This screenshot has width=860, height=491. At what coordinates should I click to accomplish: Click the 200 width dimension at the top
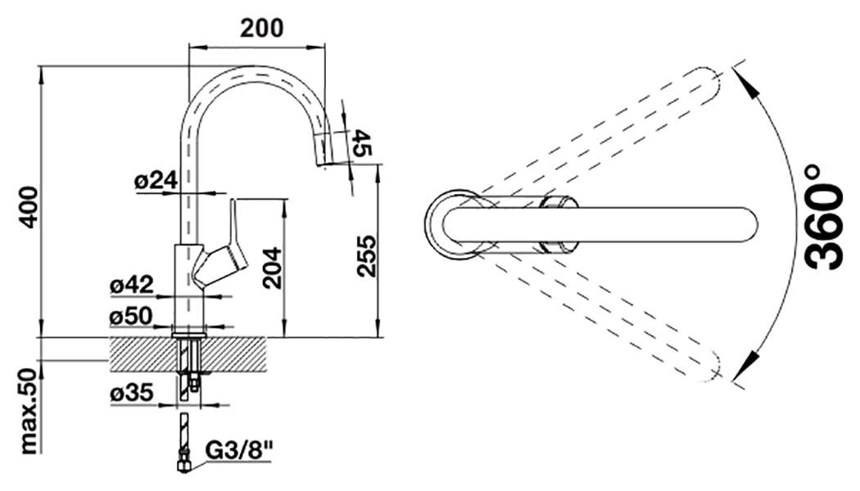(261, 28)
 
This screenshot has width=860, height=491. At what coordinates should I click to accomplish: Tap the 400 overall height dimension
(29, 207)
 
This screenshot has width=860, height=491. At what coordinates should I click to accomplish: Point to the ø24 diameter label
(156, 182)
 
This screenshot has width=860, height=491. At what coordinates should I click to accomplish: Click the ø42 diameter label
(132, 286)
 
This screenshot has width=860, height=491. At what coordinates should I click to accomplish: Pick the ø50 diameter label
(132, 315)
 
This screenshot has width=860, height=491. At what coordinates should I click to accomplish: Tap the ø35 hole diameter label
(132, 393)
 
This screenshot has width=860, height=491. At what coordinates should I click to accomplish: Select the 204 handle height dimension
(273, 267)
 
